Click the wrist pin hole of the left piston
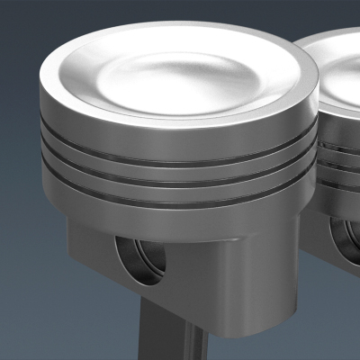pyautogui.click(x=141, y=260)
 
